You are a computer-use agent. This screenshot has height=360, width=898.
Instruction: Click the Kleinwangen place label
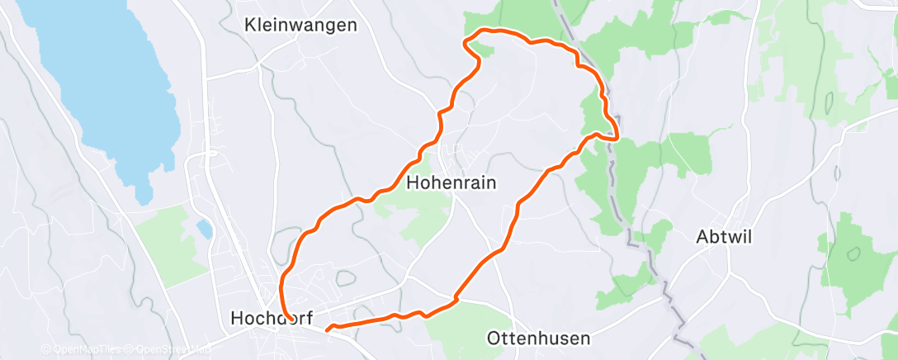point(301,26)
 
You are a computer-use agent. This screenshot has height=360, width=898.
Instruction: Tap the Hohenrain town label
point(451,183)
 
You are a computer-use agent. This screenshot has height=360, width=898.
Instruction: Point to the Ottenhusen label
point(538,339)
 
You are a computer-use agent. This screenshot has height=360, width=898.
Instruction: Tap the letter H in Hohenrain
point(413,183)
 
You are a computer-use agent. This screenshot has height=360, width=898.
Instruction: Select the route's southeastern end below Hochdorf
point(329,329)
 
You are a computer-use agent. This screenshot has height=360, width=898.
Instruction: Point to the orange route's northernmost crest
point(487,31)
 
